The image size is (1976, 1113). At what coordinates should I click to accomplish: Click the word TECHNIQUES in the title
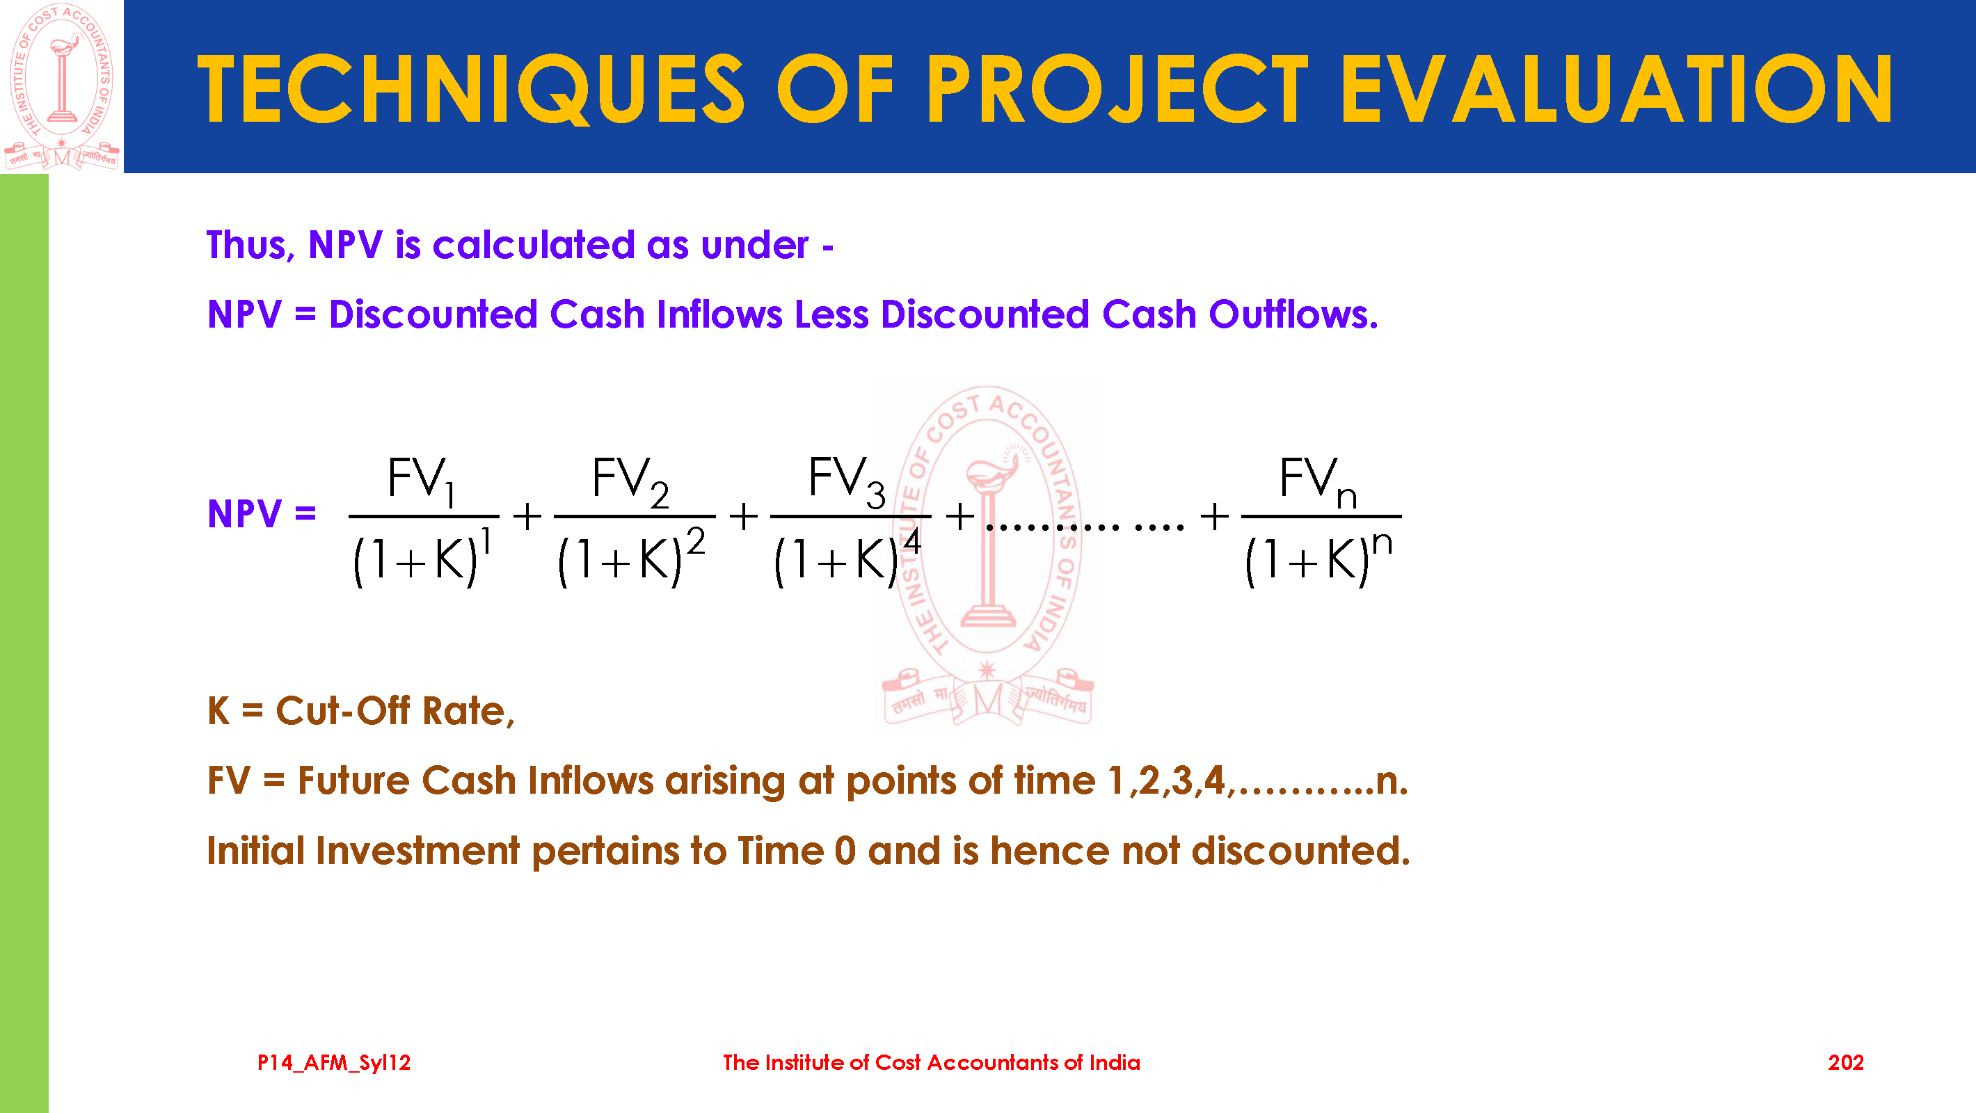tap(470, 89)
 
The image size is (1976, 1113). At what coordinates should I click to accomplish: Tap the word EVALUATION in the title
tap(1616, 89)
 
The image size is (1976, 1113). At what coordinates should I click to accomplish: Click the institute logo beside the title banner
tap(61, 86)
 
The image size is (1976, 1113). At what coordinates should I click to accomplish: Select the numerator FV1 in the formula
tap(422, 481)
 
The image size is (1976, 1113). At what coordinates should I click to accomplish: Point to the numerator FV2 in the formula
tap(630, 481)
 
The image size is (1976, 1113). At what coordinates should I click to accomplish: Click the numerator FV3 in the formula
tap(847, 481)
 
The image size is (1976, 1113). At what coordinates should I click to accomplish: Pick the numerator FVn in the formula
tap(1318, 481)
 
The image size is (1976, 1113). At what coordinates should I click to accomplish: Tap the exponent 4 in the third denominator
tap(911, 541)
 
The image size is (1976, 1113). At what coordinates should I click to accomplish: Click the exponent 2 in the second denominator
tap(696, 541)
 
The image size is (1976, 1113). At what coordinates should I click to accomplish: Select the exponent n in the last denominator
tap(1382, 544)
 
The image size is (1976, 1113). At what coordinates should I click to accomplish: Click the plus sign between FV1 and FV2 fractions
tap(527, 516)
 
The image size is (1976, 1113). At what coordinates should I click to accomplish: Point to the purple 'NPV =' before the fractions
tap(262, 513)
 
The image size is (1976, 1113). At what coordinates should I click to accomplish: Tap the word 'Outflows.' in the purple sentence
tap(1293, 314)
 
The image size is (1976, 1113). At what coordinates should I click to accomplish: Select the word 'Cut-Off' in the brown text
tap(343, 710)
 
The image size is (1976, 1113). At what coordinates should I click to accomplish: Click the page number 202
tap(1846, 1062)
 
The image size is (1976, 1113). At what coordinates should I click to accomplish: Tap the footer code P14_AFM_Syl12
tap(334, 1063)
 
